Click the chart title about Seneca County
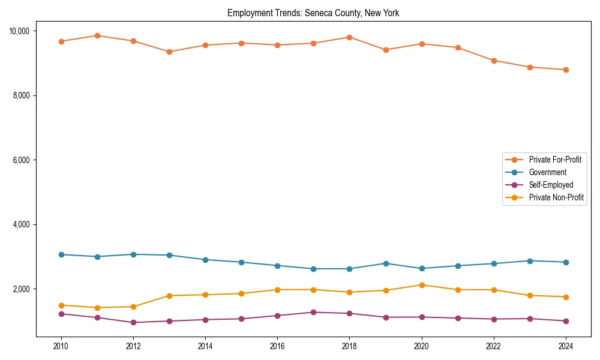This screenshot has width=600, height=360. [313, 13]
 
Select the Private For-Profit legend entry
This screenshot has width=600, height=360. [554, 160]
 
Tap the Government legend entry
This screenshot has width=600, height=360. [547, 172]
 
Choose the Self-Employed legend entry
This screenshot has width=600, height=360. [551, 185]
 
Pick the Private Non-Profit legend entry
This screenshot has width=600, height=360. [556, 197]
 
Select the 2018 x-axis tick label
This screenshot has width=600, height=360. [349, 346]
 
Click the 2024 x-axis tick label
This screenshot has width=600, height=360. [565, 346]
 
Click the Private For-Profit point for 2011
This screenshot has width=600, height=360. [97, 35]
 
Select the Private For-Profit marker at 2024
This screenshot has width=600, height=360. [565, 70]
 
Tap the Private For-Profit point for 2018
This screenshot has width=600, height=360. [349, 37]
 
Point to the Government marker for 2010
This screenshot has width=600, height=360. [61, 254]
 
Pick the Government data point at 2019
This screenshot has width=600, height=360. [385, 263]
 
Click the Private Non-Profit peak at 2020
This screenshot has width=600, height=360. [421, 285]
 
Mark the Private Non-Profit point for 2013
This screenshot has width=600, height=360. [169, 296]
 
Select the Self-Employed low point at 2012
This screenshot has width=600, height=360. [133, 322]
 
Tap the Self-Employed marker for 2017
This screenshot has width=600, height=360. [313, 312]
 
